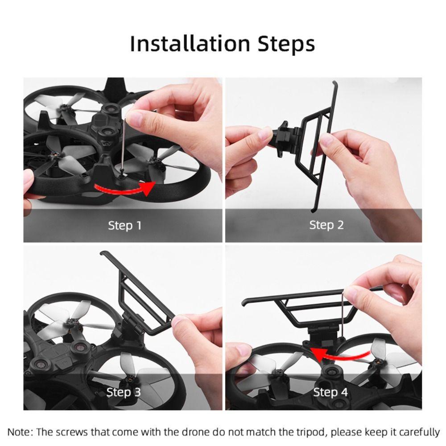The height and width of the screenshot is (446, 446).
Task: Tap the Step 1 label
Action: click(124, 226)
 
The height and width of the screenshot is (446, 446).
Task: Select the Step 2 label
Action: click(326, 226)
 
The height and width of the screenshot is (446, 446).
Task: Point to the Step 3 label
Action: click(124, 392)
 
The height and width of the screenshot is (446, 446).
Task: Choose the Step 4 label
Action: click(330, 392)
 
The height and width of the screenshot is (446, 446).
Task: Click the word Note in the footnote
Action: click(17, 432)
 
